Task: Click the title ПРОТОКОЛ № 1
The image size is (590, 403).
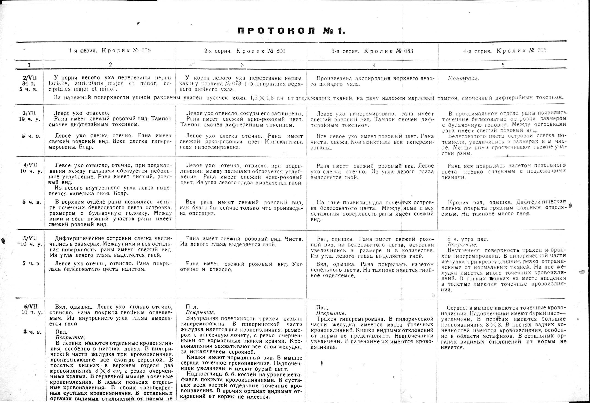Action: (291, 31)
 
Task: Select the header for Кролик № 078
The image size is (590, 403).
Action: (110, 50)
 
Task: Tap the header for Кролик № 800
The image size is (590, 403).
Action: (245, 51)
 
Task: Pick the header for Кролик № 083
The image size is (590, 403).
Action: (372, 51)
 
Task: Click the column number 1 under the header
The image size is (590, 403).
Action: (29, 65)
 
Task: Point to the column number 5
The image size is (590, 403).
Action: (503, 65)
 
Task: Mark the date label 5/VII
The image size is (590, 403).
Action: (30, 238)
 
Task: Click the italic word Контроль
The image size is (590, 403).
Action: (463, 78)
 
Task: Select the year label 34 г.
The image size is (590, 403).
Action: (28, 83)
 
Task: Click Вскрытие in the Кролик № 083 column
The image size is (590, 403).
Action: (331, 313)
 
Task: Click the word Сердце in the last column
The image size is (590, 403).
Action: (456, 308)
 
